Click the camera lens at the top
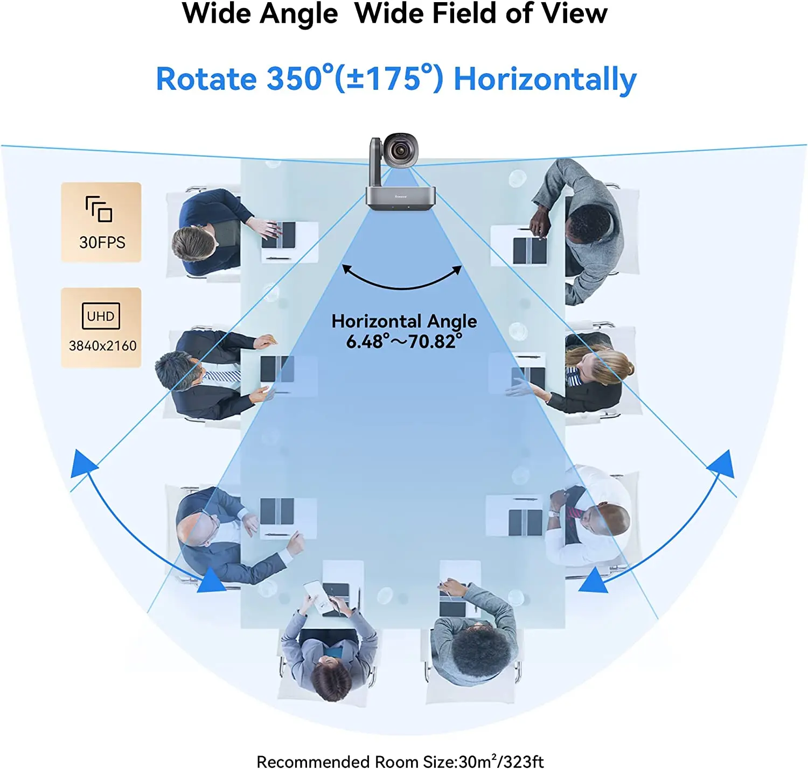pos(399,151)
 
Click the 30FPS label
pos(102,242)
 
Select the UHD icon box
pos(101,316)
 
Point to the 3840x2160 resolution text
pos(102,345)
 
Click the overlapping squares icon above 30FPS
pos(99,209)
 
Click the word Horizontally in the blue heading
pos(545,79)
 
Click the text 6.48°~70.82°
pos(404,341)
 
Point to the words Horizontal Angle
pos(404,321)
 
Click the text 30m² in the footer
pos(477,761)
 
